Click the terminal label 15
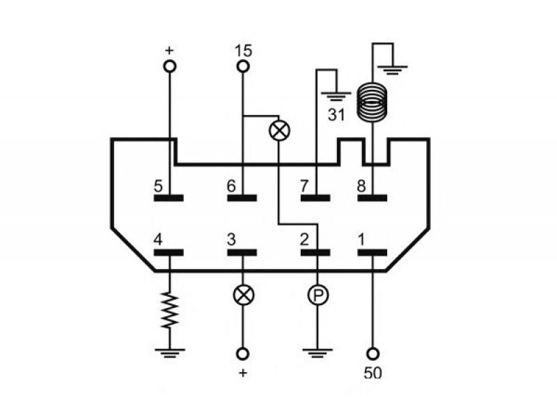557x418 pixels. coord(243,51)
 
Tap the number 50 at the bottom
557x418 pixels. coord(372,373)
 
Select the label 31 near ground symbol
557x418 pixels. coord(336,115)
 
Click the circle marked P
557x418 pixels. coord(318,295)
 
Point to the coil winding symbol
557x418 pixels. coord(372,102)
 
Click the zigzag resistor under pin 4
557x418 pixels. coord(169,310)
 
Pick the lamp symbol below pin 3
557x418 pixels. coord(244,295)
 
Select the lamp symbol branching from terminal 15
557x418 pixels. coord(280,130)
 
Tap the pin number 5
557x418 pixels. coord(158,186)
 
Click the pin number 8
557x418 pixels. coord(361,186)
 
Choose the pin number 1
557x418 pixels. coord(361,240)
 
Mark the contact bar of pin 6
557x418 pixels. coord(242,198)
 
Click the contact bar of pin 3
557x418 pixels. coord(242,252)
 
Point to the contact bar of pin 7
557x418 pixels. coord(315,198)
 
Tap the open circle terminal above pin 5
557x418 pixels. coord(169,66)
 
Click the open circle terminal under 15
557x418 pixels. coord(243,66)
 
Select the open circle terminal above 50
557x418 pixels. coord(372,354)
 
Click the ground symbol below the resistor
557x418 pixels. coord(170,353)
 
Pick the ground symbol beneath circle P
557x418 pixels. coord(317,353)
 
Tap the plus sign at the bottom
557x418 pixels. coord(243,373)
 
